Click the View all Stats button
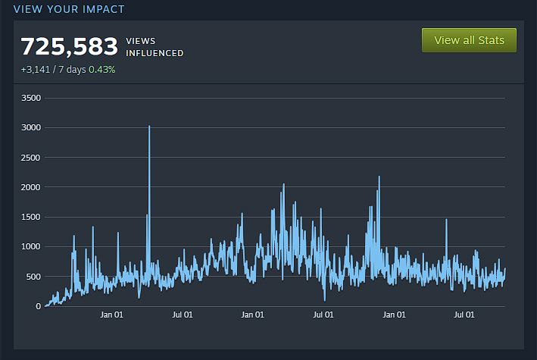point(469,40)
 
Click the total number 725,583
point(69,46)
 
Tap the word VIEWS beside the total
point(141,40)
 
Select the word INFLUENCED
point(155,53)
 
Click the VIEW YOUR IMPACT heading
point(69,9)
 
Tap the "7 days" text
point(73,70)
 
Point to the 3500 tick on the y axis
point(31,98)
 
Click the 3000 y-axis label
point(31,127)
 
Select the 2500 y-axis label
point(31,157)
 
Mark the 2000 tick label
point(31,187)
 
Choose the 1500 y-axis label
point(31,217)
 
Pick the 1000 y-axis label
point(31,246)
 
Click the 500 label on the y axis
point(33,276)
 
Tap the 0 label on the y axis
point(38,306)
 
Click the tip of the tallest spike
point(149,127)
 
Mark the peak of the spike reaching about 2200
point(379,177)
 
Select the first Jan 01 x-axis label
point(111,315)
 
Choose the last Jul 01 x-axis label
point(464,315)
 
